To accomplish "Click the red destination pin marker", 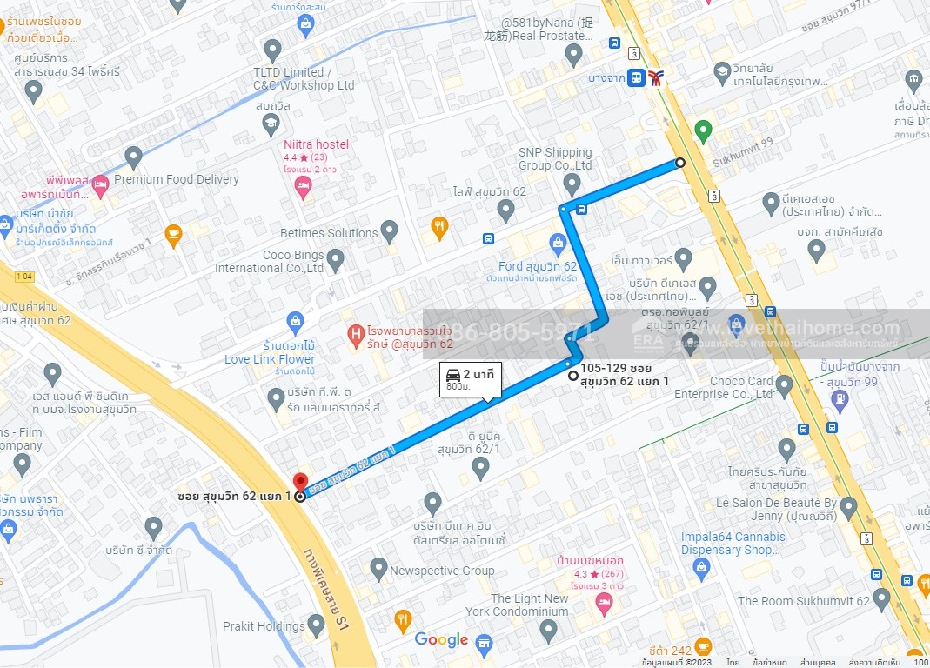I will [x=300, y=481].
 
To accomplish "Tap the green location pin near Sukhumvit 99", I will [x=704, y=131].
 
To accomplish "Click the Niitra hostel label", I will [x=316, y=144].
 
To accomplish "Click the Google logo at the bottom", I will [x=441, y=640].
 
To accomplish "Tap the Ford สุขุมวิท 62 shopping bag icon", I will [x=558, y=242].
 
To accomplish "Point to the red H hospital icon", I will [x=355, y=333].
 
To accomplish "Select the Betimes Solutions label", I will [x=329, y=233].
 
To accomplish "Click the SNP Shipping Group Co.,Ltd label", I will [x=554, y=159].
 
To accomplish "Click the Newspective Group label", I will [x=442, y=571].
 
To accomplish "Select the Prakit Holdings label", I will [x=264, y=625].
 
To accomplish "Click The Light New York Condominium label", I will [x=529, y=605].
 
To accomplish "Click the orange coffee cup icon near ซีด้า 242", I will [x=703, y=646].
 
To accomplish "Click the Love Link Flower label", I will [x=270, y=359].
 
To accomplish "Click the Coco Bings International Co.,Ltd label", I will [x=270, y=262].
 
